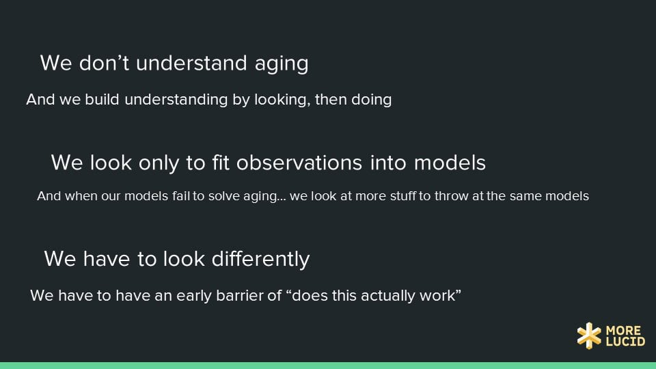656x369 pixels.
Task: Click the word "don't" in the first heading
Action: (x=104, y=63)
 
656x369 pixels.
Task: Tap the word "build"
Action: (x=102, y=100)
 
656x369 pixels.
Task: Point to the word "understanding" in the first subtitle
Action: (x=176, y=100)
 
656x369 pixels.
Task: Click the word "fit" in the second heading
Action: (x=221, y=163)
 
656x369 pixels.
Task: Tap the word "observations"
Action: (x=299, y=163)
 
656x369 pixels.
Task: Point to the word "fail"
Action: (x=181, y=196)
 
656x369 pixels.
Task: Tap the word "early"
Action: (x=193, y=296)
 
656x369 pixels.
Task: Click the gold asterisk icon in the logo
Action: (x=589, y=336)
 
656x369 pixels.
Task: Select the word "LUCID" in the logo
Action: (x=625, y=342)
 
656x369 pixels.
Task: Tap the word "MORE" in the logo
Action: (x=623, y=331)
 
